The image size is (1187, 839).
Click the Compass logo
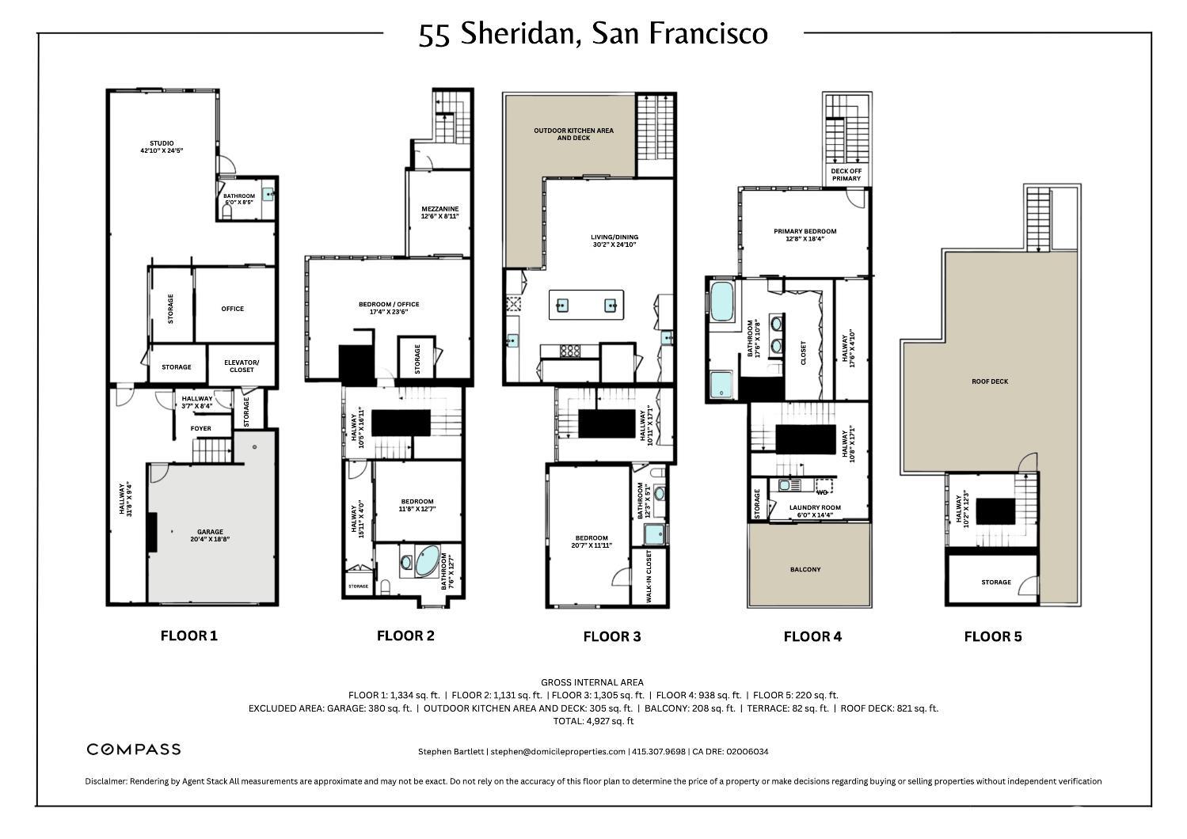coord(133,749)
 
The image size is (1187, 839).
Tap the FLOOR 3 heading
coord(611,636)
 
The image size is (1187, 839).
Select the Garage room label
coord(210,536)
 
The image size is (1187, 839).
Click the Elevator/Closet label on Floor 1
coord(242,366)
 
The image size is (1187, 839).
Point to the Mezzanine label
coord(439,212)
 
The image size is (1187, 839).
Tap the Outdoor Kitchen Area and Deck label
coord(573,134)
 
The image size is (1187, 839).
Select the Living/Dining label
coord(614,241)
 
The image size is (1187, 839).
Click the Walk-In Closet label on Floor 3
coord(649,578)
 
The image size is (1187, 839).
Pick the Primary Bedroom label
coord(805,235)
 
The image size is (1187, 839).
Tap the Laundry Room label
coord(815,511)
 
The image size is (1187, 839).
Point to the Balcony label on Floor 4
coord(805,569)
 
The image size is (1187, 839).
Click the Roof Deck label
coord(989,382)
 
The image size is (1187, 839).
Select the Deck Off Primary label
coord(846,174)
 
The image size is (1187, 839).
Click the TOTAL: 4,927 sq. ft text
coord(593,721)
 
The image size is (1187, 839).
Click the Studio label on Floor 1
coord(162,146)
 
